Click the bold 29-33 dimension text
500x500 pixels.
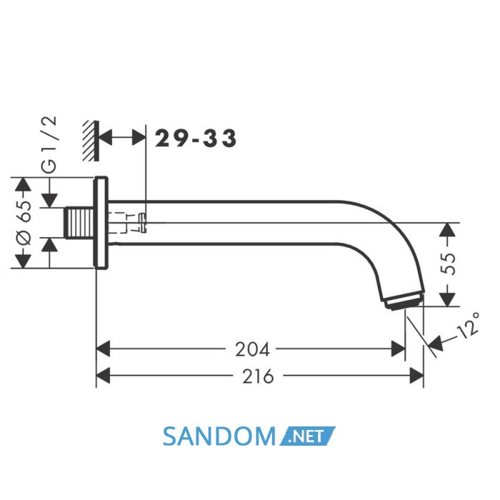[x=196, y=139]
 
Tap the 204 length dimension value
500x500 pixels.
[x=252, y=349]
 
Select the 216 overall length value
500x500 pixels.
[x=258, y=376]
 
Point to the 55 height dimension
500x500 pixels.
[x=448, y=264]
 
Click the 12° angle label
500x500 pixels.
[x=468, y=326]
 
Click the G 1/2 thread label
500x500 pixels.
[x=49, y=144]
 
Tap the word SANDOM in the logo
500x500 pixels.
[x=219, y=436]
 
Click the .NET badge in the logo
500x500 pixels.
[x=307, y=436]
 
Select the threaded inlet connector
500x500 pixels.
[x=80, y=223]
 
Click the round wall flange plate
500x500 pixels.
[x=101, y=223]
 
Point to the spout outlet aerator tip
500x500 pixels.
[x=404, y=300]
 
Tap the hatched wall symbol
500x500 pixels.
[x=91, y=141]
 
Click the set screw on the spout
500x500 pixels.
[x=143, y=223]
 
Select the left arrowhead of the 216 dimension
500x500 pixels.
[x=103, y=376]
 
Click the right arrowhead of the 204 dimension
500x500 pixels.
[x=399, y=349]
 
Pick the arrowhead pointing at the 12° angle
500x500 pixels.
[x=436, y=343]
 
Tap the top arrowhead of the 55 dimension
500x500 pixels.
[x=448, y=229]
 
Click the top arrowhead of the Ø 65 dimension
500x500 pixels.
[x=24, y=184]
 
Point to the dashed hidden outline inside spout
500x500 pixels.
[x=123, y=223]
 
